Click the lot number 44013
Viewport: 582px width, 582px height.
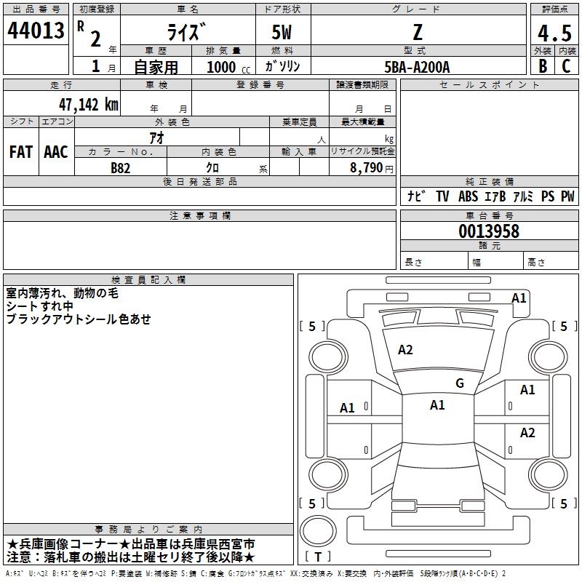click(x=36, y=31)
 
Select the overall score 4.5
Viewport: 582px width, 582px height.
click(x=554, y=33)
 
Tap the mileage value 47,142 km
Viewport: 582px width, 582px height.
click(x=88, y=105)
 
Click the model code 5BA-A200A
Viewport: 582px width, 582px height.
click(x=417, y=67)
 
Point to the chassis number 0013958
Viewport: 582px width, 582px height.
click(x=489, y=231)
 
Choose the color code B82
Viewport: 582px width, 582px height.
click(x=121, y=168)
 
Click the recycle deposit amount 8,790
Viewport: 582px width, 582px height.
click(x=366, y=168)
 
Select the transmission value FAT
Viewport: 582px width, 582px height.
click(x=21, y=152)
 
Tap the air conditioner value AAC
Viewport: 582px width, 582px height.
click(x=56, y=152)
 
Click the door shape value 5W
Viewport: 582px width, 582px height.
click(x=282, y=32)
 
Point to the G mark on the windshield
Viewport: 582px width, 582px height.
click(x=460, y=383)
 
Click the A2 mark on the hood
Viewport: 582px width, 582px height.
click(x=405, y=350)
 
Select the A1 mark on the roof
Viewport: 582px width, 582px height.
click(x=437, y=405)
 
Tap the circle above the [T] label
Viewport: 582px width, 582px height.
click(x=318, y=531)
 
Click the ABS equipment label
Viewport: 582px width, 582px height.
click(x=468, y=196)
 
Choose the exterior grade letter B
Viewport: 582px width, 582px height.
click(x=543, y=66)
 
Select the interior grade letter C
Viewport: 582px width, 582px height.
click(x=566, y=66)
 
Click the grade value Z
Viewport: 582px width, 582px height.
click(x=418, y=32)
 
